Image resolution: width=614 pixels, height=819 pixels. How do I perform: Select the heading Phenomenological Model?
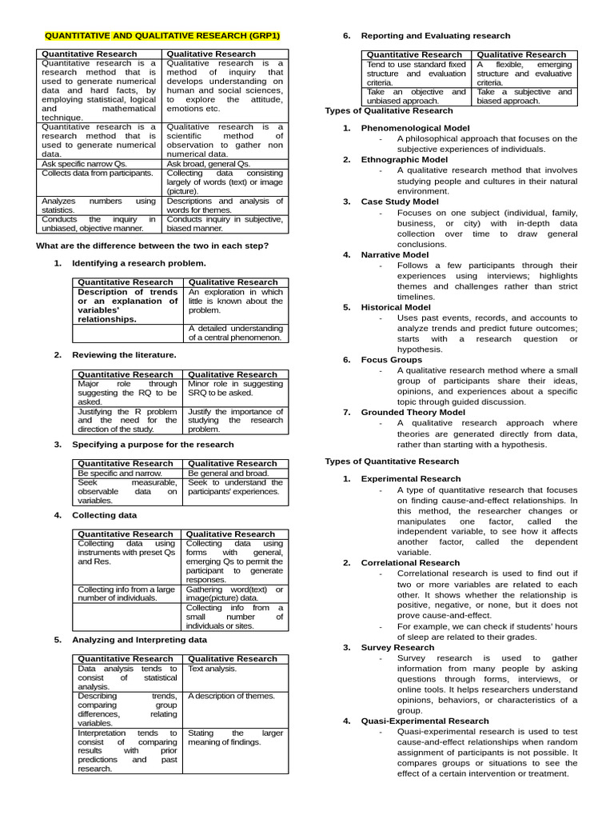coord(415,128)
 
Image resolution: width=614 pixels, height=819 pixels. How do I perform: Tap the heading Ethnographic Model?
coord(405,159)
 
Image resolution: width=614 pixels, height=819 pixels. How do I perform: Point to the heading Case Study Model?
coord(400,202)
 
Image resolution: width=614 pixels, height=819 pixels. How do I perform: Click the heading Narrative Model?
coord(395,254)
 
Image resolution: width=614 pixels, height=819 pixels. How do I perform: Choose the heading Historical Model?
coord(396,307)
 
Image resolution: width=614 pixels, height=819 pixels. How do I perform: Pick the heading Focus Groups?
coord(390,360)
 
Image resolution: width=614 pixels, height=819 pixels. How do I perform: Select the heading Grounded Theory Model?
coord(413,413)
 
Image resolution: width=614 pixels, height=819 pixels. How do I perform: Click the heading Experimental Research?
coord(411,479)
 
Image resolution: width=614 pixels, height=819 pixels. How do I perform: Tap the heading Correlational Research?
coord(410,563)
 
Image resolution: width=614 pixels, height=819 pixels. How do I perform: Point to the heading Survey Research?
coord(397,647)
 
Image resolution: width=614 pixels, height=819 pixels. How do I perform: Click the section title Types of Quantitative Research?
coord(392,461)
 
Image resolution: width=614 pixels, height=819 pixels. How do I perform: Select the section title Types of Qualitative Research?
coord(389,110)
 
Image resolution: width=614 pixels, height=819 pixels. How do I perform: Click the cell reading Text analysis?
coord(212,669)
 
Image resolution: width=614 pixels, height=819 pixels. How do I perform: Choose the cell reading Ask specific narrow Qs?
coord(77,163)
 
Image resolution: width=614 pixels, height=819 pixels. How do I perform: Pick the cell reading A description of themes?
coord(231,696)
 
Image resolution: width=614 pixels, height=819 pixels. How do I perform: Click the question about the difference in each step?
coord(153,246)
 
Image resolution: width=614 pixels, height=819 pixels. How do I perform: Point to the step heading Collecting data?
coord(104,515)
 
